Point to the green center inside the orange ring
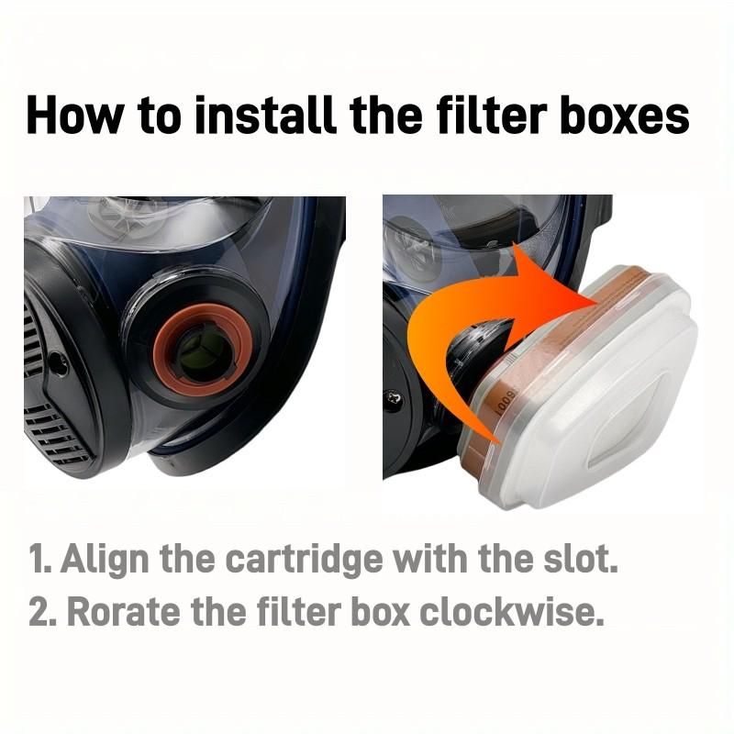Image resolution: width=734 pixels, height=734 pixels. (x=203, y=349)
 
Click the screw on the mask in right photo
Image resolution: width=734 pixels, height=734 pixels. (x=394, y=400)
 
